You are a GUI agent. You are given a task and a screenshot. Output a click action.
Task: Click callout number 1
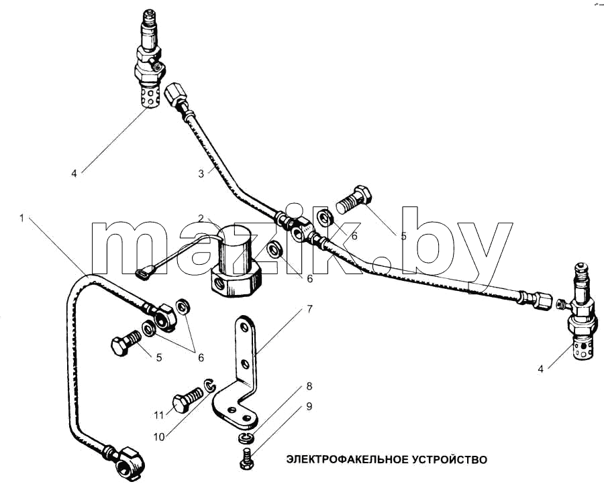(x=22, y=218)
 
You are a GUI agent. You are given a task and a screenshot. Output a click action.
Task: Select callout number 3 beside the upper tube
(x=201, y=174)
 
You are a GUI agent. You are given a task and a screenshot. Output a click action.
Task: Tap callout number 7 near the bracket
(x=310, y=309)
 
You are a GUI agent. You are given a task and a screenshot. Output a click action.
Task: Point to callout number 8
(x=309, y=386)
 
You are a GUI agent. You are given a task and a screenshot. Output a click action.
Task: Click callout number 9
(x=309, y=406)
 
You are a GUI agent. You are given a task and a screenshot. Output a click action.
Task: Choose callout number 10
(x=158, y=437)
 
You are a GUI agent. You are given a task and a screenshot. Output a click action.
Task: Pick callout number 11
(x=158, y=415)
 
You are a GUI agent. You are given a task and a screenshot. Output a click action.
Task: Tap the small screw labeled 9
(x=246, y=459)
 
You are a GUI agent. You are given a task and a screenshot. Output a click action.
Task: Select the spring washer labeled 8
(x=244, y=437)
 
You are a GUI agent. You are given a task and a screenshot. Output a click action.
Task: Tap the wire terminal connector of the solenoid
(x=145, y=274)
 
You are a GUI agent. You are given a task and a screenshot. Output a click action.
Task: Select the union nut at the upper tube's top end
(x=176, y=95)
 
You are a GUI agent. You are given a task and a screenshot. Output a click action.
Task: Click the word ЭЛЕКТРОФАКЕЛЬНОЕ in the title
(x=345, y=459)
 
